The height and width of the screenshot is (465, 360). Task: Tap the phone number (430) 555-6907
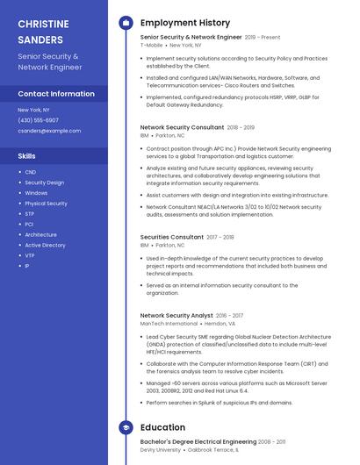39,120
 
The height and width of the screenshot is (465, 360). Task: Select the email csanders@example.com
49,131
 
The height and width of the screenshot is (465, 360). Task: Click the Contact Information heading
56,93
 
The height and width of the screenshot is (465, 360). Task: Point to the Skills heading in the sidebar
27,155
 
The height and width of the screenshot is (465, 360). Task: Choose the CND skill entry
31,172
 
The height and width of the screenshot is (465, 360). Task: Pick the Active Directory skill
45,245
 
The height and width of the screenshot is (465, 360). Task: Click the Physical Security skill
46,204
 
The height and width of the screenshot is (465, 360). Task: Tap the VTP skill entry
30,255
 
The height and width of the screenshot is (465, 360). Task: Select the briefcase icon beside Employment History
126,22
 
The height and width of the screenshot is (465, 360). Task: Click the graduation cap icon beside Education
126,427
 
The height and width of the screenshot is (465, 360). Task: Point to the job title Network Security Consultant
182,127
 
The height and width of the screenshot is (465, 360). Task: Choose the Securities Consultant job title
172,237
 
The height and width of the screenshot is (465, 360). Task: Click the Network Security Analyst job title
176,315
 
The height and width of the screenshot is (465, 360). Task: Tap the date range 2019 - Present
263,38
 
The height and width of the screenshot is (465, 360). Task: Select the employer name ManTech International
169,323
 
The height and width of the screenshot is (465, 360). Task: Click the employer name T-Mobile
151,45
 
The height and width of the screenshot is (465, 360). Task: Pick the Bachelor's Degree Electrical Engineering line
198,441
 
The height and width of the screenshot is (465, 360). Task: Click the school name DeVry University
161,449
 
